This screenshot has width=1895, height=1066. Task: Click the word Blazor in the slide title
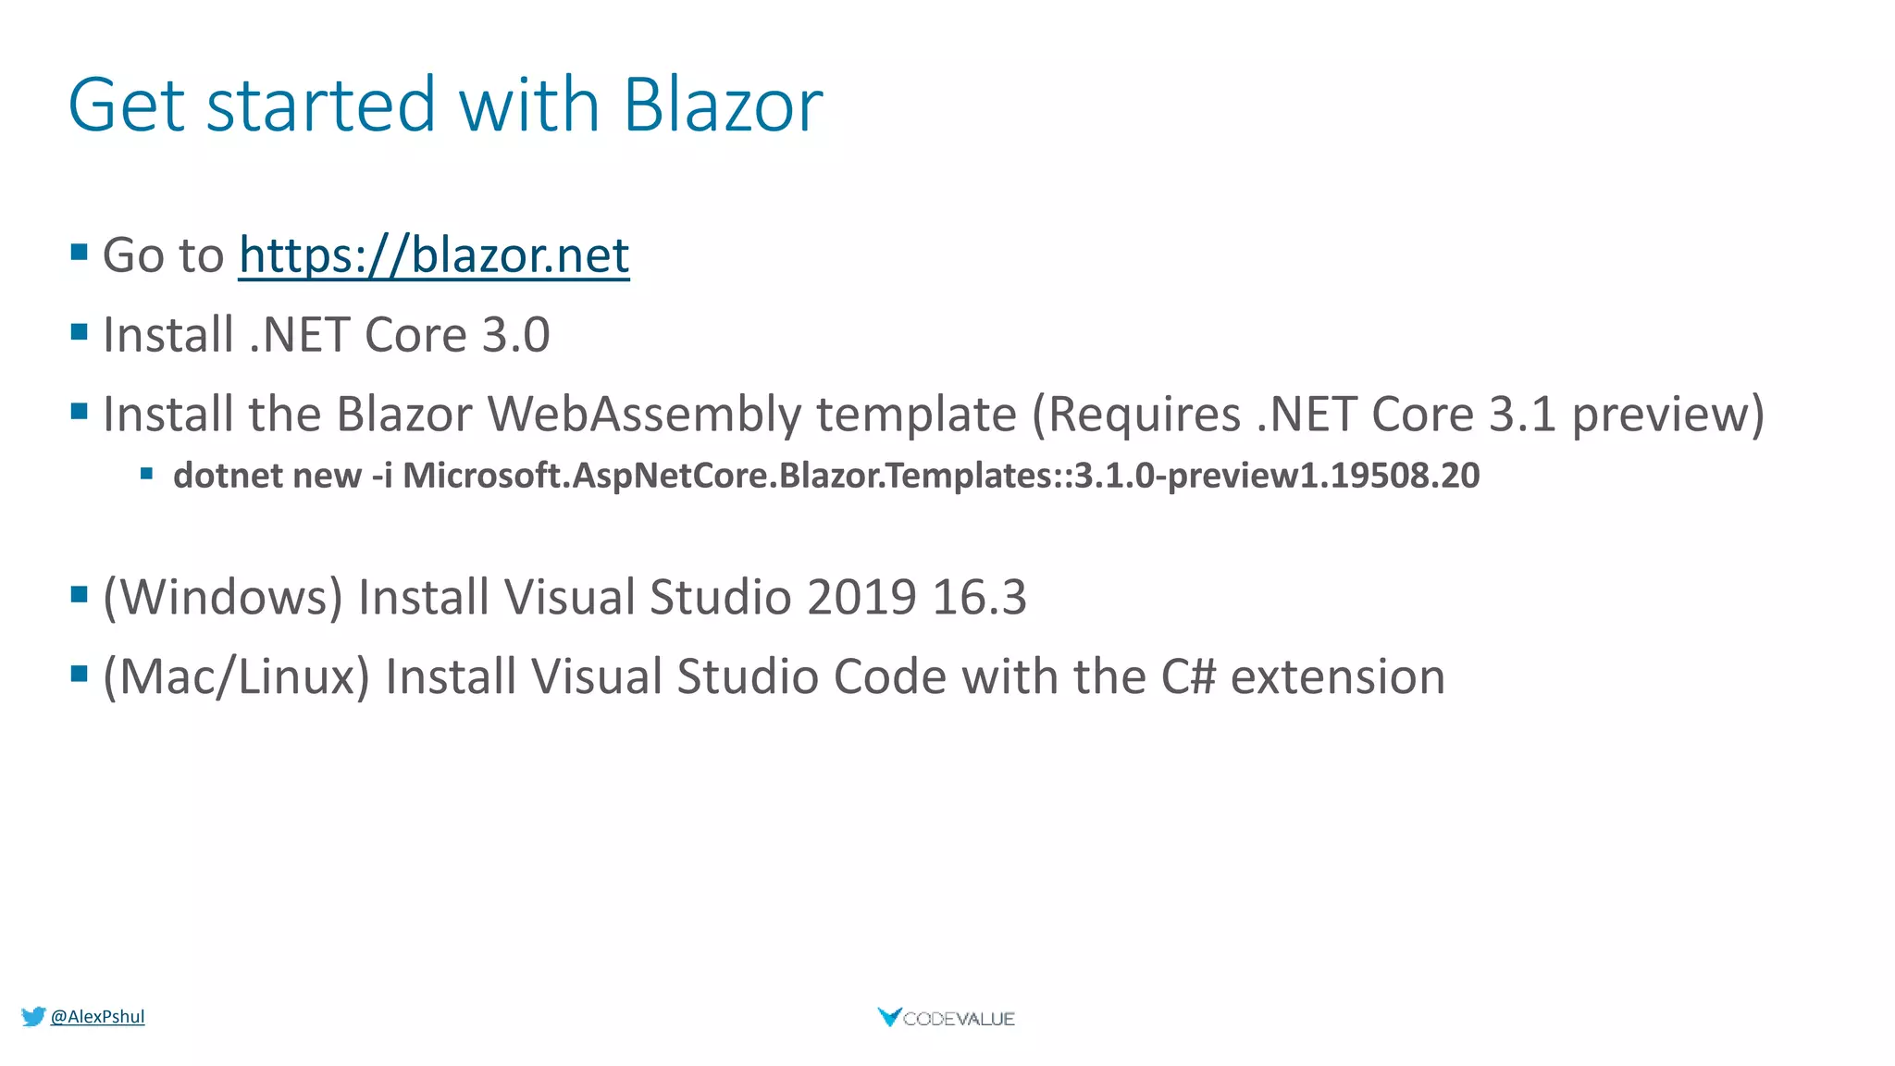(x=723, y=105)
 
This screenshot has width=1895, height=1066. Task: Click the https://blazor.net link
(x=434, y=255)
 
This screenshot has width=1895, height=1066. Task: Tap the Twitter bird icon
(x=33, y=1017)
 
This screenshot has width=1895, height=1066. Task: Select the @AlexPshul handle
(x=97, y=1017)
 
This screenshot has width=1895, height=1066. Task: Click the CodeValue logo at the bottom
(x=946, y=1018)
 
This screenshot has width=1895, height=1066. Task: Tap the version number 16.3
(x=979, y=597)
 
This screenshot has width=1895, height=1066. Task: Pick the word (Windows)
(x=223, y=597)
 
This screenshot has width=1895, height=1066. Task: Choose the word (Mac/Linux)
(x=237, y=676)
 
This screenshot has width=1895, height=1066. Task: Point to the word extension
(x=1338, y=676)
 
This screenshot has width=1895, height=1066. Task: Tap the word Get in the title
(x=127, y=105)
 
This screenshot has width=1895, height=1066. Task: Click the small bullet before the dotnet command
(x=146, y=474)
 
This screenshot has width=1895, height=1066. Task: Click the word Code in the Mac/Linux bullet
(x=889, y=676)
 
